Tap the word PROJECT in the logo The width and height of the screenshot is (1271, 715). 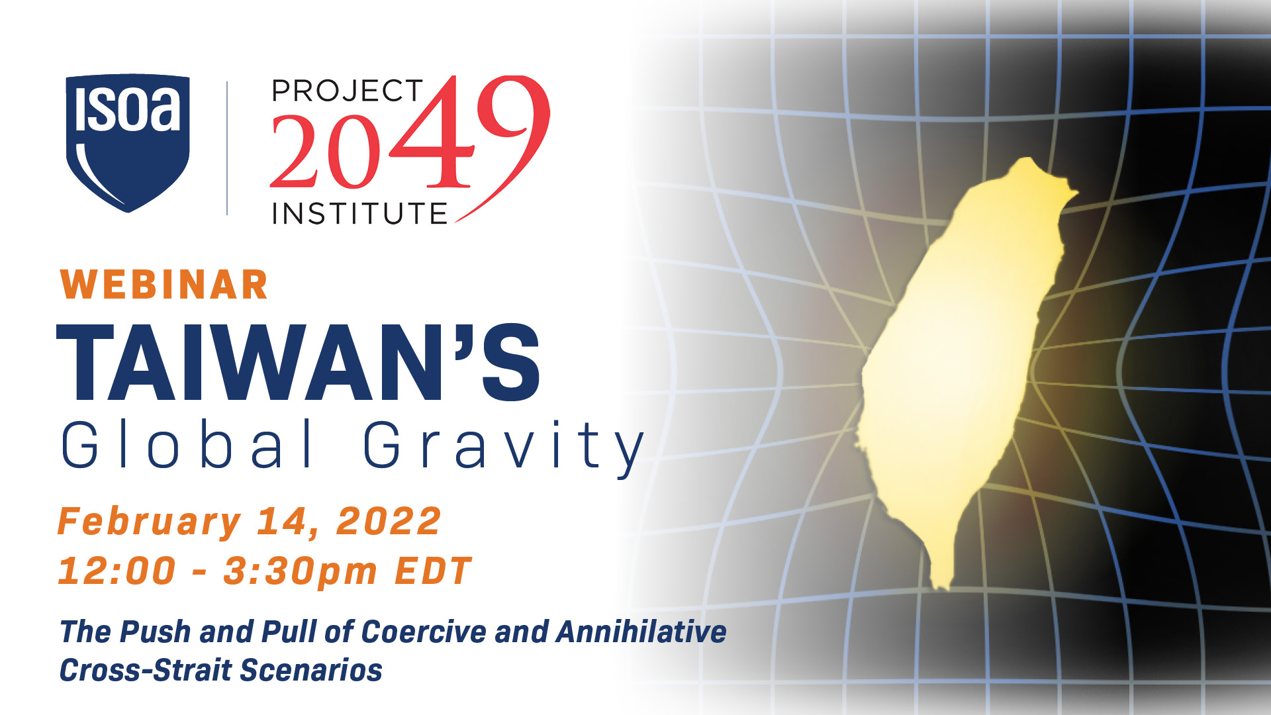pos(348,91)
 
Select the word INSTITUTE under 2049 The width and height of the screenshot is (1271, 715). pos(359,214)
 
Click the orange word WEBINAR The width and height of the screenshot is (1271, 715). pos(164,285)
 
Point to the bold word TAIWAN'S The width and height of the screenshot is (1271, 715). pos(299,362)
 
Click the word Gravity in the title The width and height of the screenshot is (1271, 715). pos(504,448)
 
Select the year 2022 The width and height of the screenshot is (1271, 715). pos(389,521)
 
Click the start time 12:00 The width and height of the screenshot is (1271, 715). pos(117,571)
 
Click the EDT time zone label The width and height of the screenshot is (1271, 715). pos(433,571)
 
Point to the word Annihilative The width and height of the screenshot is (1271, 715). pos(641,632)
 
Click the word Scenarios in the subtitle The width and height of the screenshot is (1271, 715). pos(311,670)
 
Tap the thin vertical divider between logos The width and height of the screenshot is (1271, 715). pos(227,148)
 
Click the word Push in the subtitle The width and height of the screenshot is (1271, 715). pos(156,632)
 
